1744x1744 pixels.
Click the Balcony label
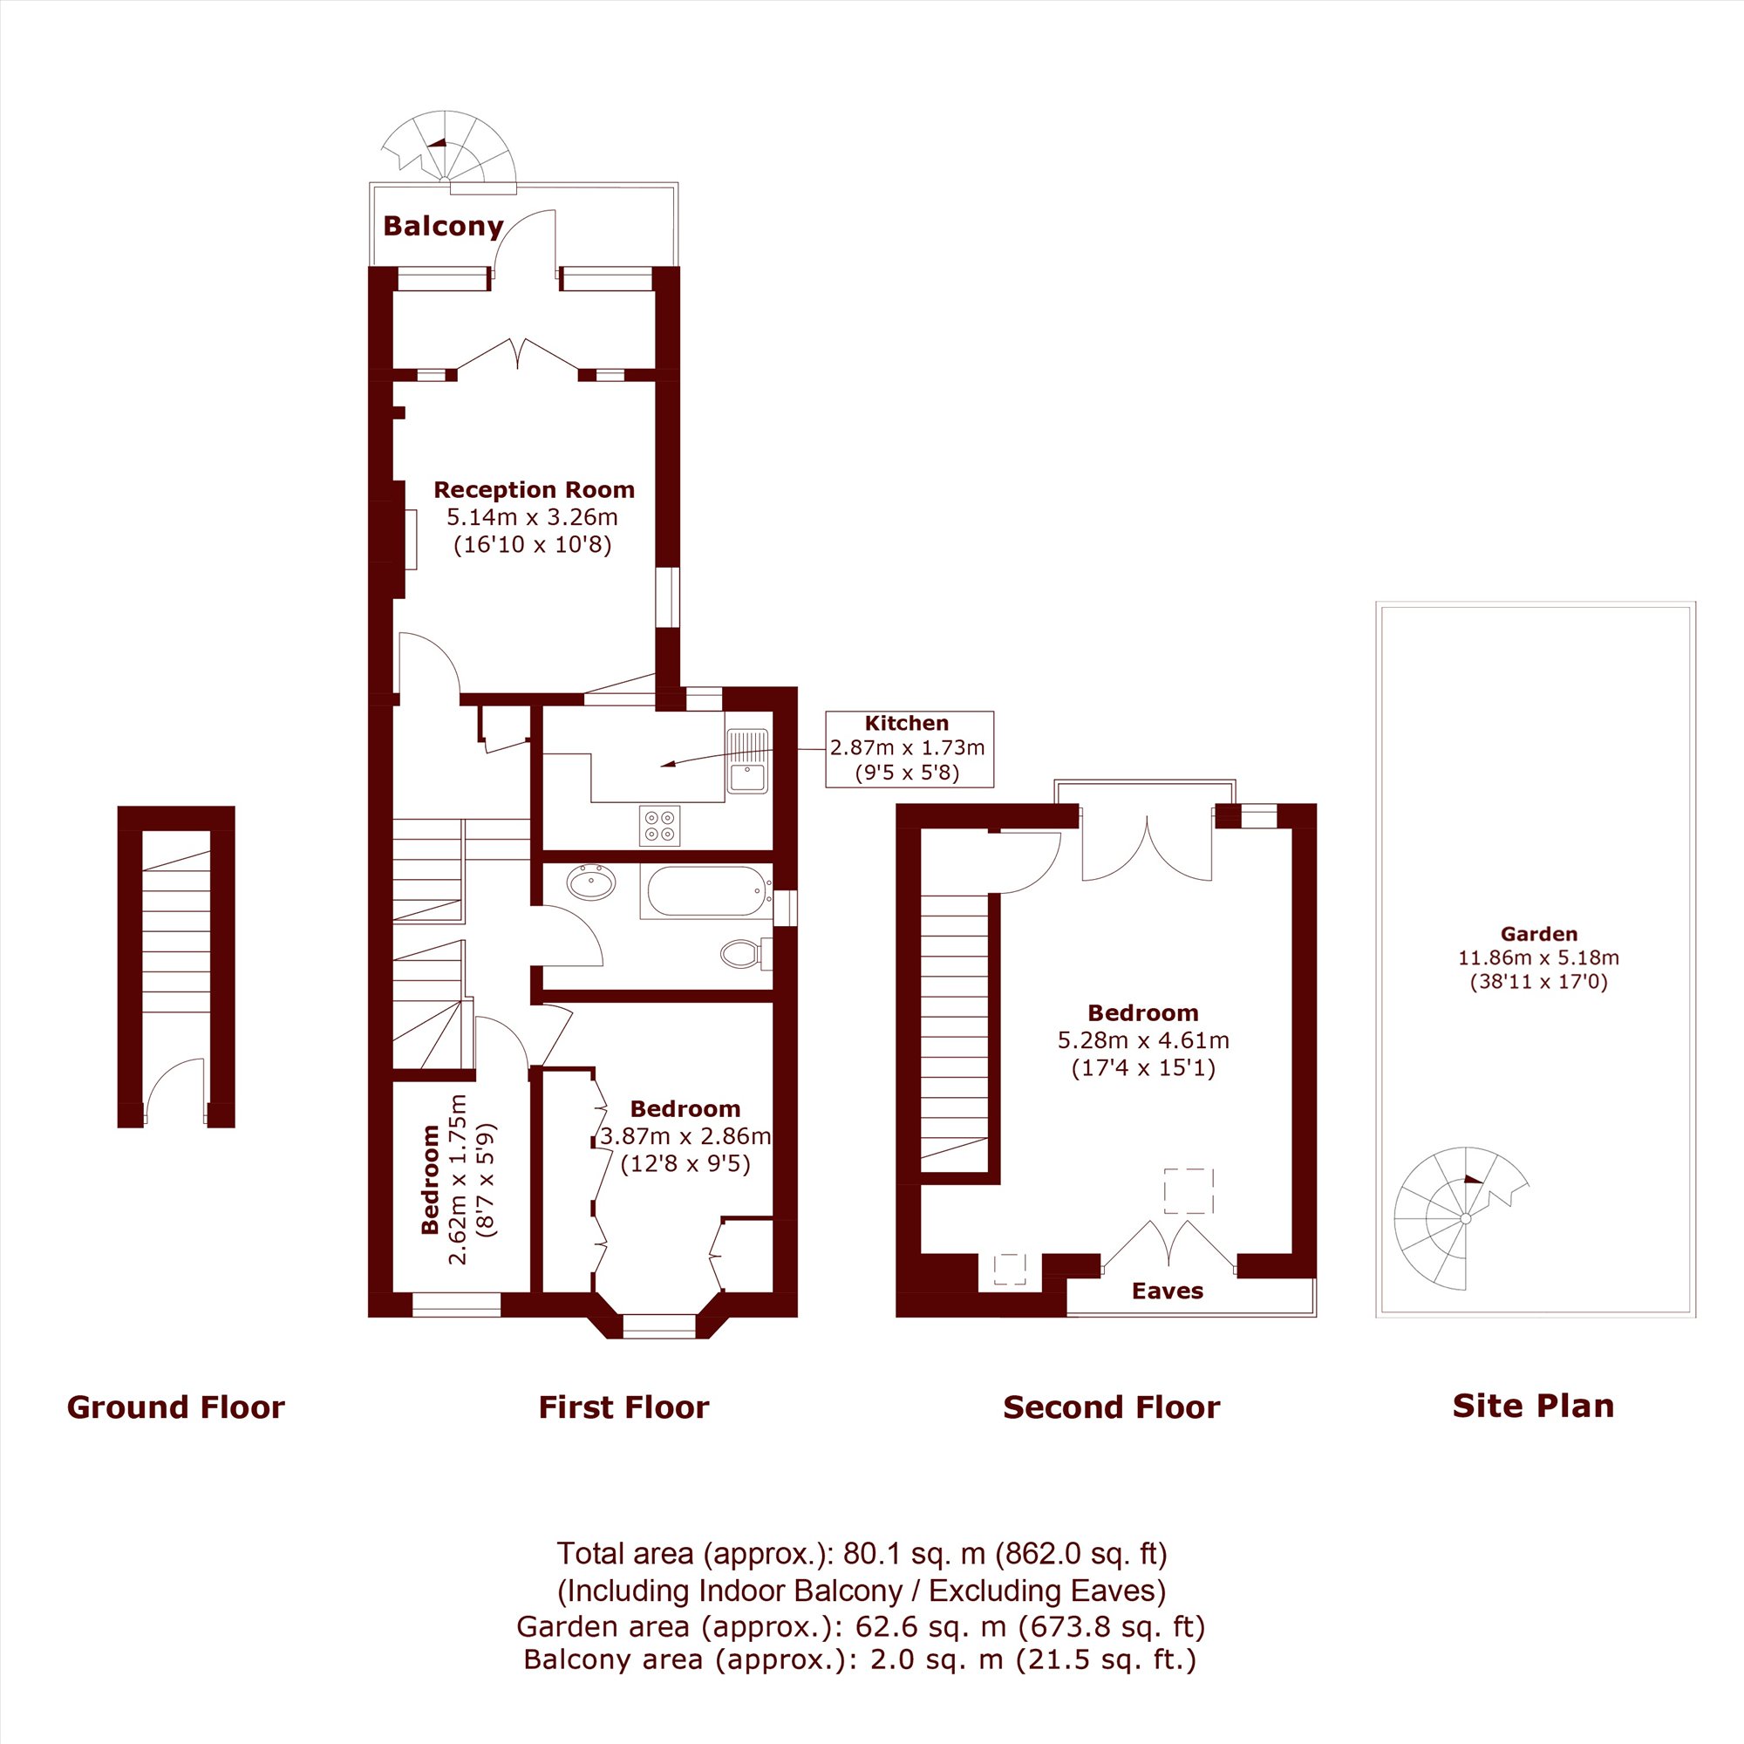coord(443,226)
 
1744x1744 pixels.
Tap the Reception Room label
coord(534,490)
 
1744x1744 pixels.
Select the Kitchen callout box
coord(909,748)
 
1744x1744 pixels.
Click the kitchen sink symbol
coord(747,761)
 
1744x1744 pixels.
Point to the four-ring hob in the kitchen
coord(660,826)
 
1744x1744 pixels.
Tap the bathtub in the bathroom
coord(707,892)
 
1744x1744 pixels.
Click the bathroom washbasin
coord(591,882)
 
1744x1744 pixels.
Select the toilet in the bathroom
coord(746,952)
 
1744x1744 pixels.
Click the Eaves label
coord(1168,1291)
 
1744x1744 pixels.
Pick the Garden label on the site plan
coord(1539,934)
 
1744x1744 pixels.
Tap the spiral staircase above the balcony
coord(448,149)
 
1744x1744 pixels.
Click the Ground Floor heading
coord(176,1407)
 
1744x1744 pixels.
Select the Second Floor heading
coord(1111,1407)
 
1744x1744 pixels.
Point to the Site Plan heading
coord(1533,1406)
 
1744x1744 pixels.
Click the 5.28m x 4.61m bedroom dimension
coord(1143,1040)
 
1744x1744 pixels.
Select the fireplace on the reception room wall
coord(404,539)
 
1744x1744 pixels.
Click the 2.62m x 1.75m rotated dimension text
coord(459,1179)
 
